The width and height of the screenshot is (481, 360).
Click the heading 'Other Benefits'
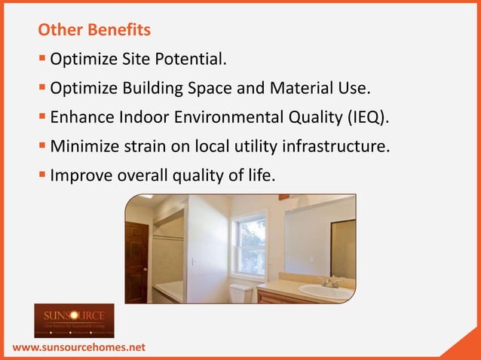[x=94, y=31]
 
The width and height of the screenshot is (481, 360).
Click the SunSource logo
[x=74, y=320]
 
